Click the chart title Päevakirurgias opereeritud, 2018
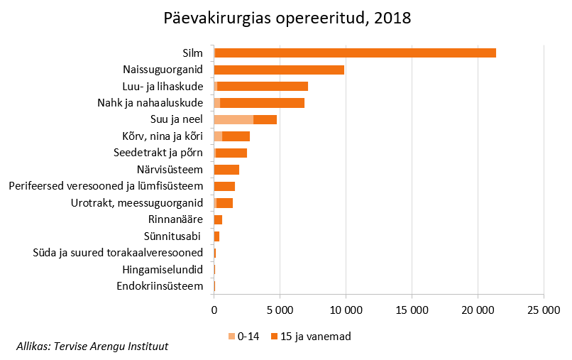287,18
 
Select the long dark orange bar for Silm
355,53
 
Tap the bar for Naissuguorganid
279,70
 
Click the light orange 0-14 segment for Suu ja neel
233,119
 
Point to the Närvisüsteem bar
226,170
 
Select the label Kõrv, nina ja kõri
163,136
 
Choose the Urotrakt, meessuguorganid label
137,203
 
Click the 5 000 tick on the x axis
280,310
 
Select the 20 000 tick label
478,310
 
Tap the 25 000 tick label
544,310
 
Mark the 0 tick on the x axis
214,310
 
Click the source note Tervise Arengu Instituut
92,347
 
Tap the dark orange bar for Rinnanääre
218,219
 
